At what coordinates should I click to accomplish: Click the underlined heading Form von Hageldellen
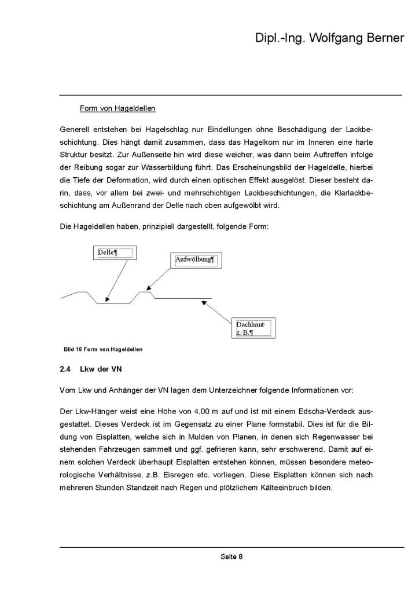[117, 108]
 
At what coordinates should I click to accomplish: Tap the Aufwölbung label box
[195, 261]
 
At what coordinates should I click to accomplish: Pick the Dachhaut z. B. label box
[252, 329]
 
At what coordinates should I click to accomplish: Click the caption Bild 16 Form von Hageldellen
[102, 349]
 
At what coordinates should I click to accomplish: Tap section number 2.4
[65, 369]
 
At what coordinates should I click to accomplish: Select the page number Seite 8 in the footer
[231, 557]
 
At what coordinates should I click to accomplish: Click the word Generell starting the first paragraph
[75, 126]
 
